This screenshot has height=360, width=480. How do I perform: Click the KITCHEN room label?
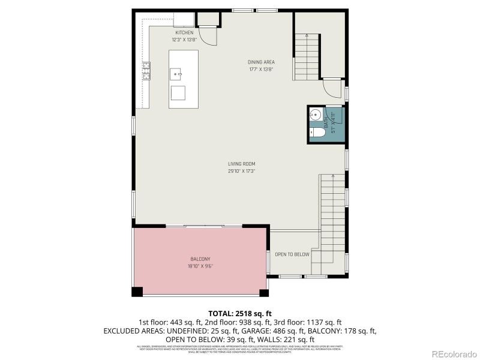pos(184,32)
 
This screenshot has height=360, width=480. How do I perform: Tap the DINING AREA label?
pos(260,62)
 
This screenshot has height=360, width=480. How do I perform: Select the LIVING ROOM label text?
pos(241,164)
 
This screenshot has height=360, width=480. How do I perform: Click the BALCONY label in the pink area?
pos(200,259)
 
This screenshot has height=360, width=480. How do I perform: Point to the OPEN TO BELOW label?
pos(292,254)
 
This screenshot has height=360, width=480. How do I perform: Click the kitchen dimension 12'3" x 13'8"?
pos(184,40)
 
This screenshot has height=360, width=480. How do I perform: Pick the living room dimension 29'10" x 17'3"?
pos(241,171)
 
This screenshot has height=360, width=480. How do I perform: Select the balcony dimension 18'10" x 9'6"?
pos(200,266)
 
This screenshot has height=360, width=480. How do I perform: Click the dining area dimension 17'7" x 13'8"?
pos(260,69)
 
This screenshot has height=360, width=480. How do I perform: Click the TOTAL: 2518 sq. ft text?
pos(240,313)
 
